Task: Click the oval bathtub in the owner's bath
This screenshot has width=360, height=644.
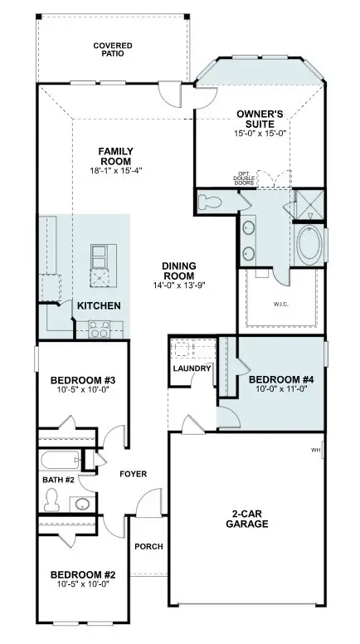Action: (311, 246)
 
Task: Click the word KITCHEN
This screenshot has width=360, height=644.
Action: (99, 306)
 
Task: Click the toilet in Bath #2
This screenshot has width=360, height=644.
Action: (52, 498)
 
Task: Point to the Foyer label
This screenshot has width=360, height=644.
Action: (133, 474)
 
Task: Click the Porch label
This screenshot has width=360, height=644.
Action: (149, 547)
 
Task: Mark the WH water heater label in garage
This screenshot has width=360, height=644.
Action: (316, 451)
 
